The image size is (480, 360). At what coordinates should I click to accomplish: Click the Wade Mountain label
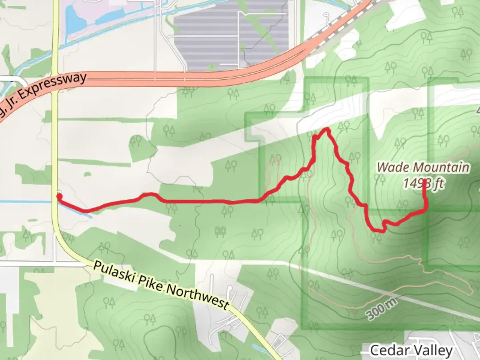(x=423, y=167)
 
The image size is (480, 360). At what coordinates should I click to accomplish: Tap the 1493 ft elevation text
(x=423, y=183)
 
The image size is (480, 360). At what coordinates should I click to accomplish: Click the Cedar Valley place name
(x=411, y=350)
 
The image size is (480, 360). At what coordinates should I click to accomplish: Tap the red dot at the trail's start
(x=59, y=197)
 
